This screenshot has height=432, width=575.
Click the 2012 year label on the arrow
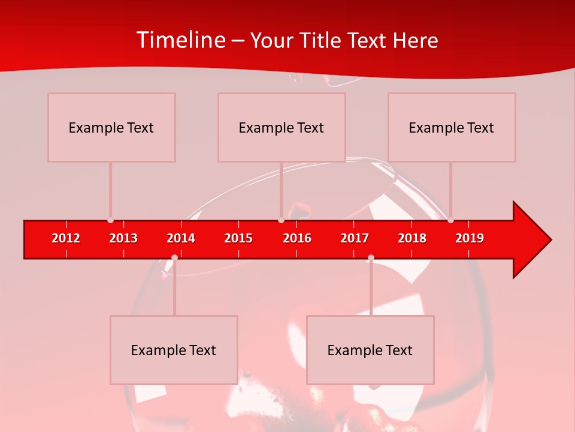point(66,238)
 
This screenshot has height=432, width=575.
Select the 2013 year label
point(123,238)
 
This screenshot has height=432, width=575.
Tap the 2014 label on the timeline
point(181,238)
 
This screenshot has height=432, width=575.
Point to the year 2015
point(238,238)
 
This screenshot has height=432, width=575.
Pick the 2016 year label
point(297,238)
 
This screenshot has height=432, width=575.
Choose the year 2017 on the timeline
point(355,238)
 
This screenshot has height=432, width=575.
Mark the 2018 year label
point(412,238)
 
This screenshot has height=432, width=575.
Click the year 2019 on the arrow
point(470,238)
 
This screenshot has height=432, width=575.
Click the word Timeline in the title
point(181,40)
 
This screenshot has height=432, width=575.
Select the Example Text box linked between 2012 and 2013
point(111,127)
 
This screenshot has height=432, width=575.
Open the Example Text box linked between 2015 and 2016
point(282,127)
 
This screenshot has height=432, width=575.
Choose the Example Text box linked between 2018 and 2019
point(452,127)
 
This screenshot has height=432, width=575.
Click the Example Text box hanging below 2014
point(174,350)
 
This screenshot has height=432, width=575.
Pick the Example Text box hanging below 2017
point(370,350)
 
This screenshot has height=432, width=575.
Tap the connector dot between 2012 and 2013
point(110,220)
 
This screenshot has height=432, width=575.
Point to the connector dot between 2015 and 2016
point(281,220)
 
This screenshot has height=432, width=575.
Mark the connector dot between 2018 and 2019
point(450,220)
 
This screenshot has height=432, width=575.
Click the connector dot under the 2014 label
point(174,257)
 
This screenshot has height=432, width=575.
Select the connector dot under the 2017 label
point(371,257)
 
